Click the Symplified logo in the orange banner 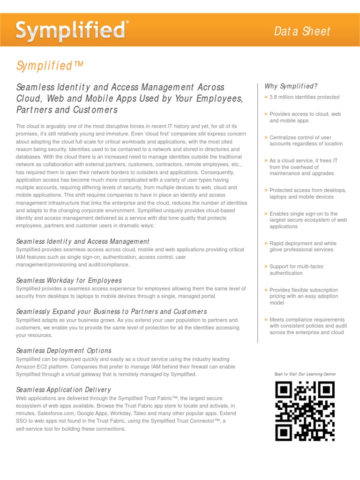(72, 31)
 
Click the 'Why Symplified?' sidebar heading (291, 86)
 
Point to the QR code (305, 411)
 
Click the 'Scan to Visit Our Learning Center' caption (305, 374)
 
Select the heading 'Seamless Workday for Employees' (69, 280)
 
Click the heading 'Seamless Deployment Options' (64, 351)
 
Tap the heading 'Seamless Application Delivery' (63, 390)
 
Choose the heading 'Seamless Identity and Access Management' (82, 241)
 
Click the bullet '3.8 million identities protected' (304, 97)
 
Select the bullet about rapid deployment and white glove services (303, 247)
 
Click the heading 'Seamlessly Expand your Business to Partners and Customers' (112, 312)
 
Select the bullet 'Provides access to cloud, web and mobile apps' (305, 117)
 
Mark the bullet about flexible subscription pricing (303, 296)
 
